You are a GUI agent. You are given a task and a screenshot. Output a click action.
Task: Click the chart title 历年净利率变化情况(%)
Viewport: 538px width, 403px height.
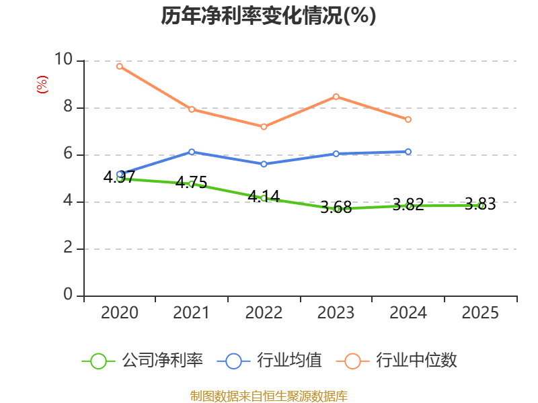click(268, 15)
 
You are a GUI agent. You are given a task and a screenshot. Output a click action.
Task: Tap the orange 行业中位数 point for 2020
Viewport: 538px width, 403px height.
click(120, 66)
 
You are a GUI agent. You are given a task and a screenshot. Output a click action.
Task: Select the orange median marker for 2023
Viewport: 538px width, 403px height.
click(336, 97)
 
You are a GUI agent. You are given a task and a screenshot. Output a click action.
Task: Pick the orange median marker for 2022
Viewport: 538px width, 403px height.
click(264, 127)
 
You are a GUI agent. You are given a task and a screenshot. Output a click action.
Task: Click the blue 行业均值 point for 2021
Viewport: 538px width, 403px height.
click(192, 152)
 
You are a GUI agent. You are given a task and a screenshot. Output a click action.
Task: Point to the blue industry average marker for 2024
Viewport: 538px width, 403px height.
click(408, 152)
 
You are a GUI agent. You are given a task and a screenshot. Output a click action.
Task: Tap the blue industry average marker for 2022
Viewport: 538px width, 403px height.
click(264, 164)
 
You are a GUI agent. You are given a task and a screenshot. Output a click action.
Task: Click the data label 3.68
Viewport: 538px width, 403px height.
click(336, 207)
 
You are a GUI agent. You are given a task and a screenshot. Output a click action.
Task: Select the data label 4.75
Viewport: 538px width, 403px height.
click(192, 182)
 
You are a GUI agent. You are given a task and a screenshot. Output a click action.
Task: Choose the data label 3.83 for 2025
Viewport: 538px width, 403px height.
click(480, 204)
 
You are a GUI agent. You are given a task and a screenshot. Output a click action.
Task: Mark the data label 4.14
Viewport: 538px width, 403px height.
click(264, 196)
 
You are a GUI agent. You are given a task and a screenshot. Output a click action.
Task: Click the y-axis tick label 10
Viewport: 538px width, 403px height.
click(64, 59)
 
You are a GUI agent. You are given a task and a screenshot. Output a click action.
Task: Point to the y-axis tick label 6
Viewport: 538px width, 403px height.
click(68, 153)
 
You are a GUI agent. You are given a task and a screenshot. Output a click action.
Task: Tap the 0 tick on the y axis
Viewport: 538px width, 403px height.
click(68, 294)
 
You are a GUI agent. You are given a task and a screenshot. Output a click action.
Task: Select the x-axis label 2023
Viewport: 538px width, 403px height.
click(336, 312)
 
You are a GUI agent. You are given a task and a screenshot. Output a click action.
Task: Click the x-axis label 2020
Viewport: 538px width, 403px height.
click(120, 312)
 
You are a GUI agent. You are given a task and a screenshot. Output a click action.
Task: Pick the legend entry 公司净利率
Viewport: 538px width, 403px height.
click(143, 361)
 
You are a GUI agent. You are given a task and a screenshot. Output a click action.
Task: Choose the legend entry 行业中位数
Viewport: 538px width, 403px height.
click(397, 361)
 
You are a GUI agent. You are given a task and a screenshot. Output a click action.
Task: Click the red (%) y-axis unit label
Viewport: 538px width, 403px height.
click(42, 85)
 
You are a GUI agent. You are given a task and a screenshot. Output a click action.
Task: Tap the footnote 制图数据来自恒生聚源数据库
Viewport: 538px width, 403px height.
click(269, 396)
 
